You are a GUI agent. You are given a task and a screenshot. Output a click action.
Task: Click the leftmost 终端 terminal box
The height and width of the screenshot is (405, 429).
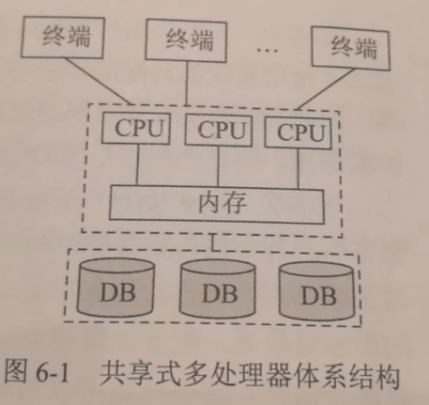click(63, 38)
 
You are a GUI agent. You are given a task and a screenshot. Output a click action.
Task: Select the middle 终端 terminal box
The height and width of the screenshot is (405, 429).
click(186, 40)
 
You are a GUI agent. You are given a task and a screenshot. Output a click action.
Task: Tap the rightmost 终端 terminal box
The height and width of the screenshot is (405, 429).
click(350, 48)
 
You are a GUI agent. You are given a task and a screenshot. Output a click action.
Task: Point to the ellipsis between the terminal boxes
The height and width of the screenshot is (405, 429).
click(267, 50)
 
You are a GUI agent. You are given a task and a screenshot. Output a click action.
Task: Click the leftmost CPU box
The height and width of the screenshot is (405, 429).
click(136, 129)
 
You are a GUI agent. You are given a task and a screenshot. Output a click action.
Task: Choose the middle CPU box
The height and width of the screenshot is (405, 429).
click(219, 131)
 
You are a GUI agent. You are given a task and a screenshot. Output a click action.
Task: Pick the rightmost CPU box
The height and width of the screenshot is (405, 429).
click(299, 132)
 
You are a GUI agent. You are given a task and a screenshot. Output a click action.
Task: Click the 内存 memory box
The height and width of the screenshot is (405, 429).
click(217, 204)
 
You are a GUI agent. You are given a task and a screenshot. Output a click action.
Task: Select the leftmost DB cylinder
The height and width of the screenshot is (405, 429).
click(115, 288)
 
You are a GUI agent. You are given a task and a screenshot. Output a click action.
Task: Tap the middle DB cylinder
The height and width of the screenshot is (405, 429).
click(218, 289)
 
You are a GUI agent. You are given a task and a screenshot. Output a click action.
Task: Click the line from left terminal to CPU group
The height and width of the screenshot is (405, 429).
click(99, 81)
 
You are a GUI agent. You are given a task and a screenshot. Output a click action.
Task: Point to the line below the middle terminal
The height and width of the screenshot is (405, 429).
click(187, 84)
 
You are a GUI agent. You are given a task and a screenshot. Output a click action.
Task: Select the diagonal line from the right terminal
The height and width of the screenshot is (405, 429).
click(326, 89)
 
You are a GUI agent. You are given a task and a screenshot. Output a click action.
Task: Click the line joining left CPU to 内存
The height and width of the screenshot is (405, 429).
click(137, 164)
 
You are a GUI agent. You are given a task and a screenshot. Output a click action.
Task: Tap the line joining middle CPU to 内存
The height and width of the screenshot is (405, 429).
click(218, 167)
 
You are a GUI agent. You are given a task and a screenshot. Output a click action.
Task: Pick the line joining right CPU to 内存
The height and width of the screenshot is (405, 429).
click(298, 169)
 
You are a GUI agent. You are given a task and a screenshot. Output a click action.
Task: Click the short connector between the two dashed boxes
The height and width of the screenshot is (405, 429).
click(213, 242)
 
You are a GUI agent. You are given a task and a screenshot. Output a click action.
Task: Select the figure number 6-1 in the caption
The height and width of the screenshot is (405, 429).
click(53, 373)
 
